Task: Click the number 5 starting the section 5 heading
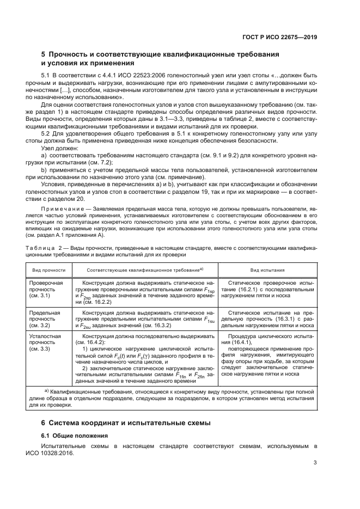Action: click(x=44, y=54)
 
